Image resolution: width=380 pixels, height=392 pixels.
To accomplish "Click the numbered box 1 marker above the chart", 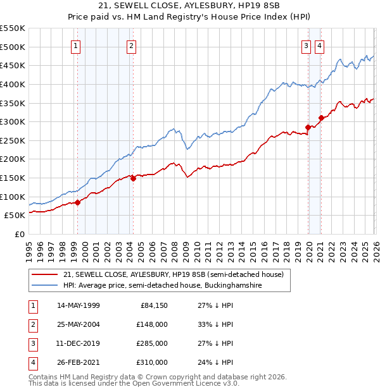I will (x=75, y=45).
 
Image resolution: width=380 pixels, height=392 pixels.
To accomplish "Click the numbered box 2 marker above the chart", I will (x=131, y=45).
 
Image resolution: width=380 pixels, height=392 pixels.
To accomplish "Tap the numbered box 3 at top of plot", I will (x=306, y=45).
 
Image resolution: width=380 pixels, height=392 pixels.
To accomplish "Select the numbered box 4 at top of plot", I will (x=320, y=45).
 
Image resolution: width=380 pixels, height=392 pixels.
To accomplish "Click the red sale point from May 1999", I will (x=78, y=202).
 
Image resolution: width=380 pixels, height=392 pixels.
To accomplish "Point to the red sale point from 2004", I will (x=134, y=179).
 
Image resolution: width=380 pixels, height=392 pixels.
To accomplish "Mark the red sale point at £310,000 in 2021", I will (x=321, y=118).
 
